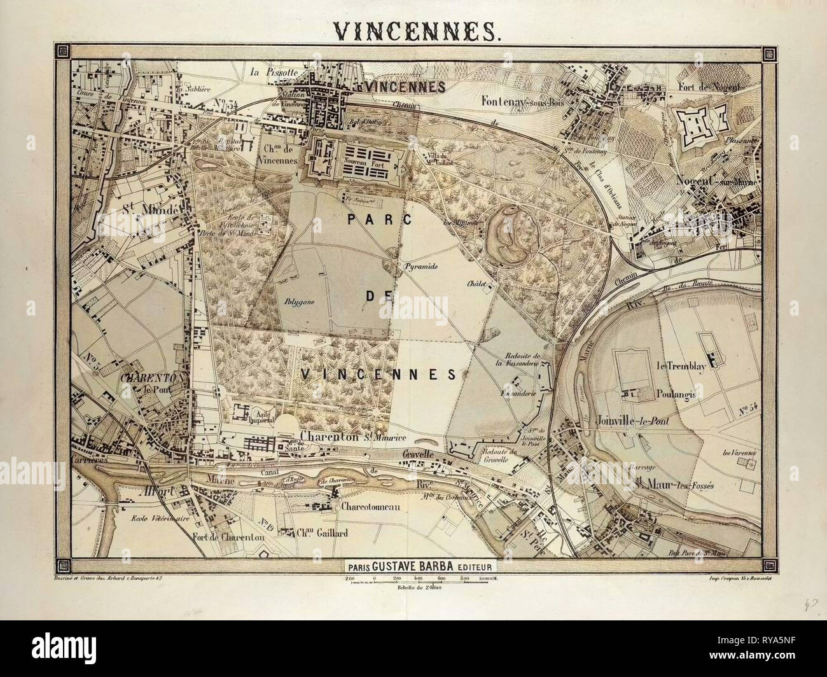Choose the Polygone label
pyautogui.click(x=296, y=303)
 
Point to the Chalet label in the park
pyautogui.click(x=475, y=284)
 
